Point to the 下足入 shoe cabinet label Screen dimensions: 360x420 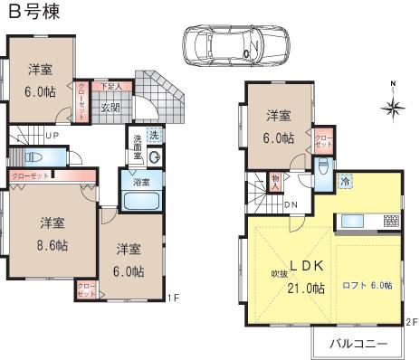122,86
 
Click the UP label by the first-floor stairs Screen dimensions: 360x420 52,136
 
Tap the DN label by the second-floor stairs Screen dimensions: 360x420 291,204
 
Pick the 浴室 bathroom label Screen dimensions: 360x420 141,182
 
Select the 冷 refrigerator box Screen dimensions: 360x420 346,181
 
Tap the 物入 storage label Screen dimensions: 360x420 275,183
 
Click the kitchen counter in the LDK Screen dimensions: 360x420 368,221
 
